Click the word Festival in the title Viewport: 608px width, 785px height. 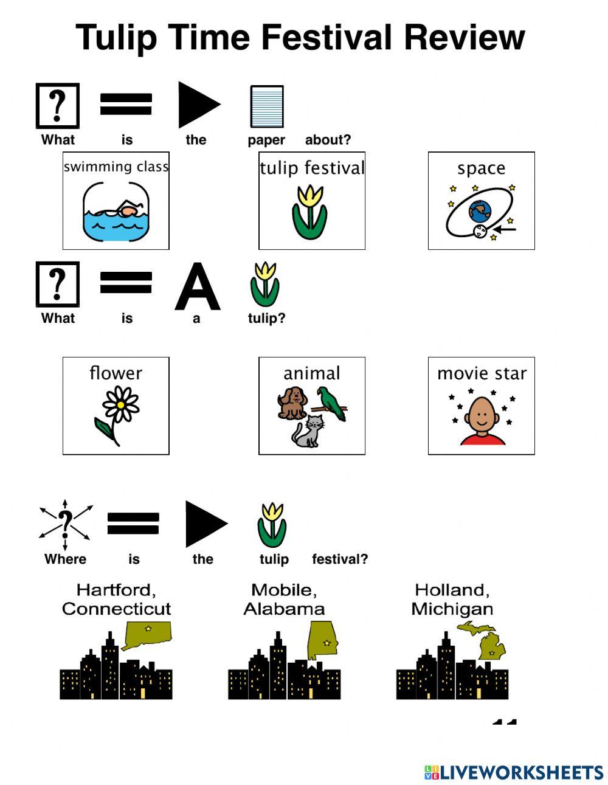point(326,38)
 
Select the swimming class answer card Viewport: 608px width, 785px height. point(116,201)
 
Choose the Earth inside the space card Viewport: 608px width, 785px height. point(480,211)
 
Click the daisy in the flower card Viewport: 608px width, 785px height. point(121,404)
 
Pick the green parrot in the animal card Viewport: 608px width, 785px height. point(333,403)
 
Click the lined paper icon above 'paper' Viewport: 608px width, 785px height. point(267,106)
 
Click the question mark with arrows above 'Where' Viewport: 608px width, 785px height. point(65,523)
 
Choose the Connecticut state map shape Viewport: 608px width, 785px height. point(148,635)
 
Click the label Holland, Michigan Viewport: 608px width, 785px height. point(452,599)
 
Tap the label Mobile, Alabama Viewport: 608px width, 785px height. point(284,599)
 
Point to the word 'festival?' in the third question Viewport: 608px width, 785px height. point(340,559)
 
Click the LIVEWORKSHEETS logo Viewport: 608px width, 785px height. point(514,772)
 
